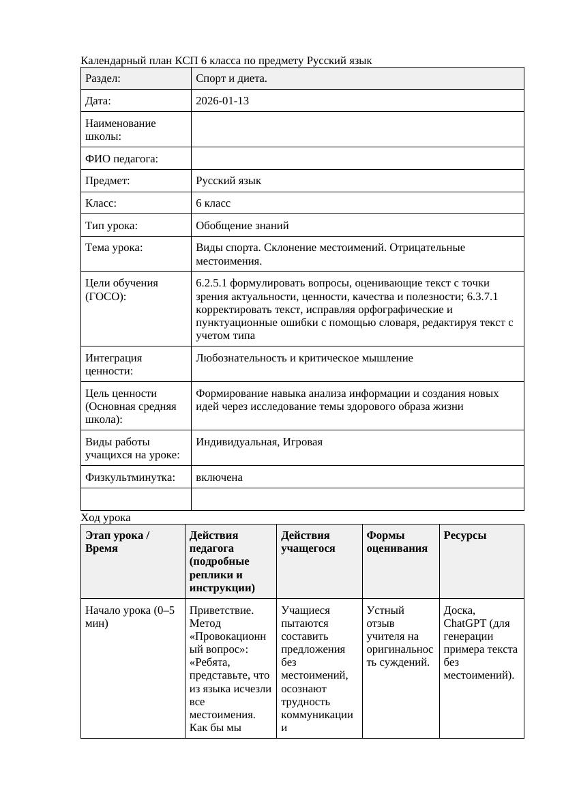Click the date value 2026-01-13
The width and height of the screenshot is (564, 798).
[x=222, y=101]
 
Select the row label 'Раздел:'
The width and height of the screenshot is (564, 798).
[x=103, y=78]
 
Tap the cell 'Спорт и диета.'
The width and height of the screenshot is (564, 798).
[x=231, y=78]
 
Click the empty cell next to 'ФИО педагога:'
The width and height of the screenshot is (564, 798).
[x=357, y=158]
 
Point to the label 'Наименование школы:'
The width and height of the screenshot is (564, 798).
[x=121, y=130]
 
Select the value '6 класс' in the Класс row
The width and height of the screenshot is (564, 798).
[x=213, y=203]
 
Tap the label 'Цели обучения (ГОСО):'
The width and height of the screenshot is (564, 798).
[x=121, y=290]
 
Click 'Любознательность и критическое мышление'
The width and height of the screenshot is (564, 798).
[x=304, y=358]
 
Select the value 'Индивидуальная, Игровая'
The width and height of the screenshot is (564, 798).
[x=259, y=442]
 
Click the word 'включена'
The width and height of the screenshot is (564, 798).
[x=219, y=477]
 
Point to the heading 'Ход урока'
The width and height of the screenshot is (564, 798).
[x=106, y=518]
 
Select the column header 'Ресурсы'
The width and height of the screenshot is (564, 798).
[x=465, y=535]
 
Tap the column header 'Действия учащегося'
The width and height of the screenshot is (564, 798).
[x=308, y=542]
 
